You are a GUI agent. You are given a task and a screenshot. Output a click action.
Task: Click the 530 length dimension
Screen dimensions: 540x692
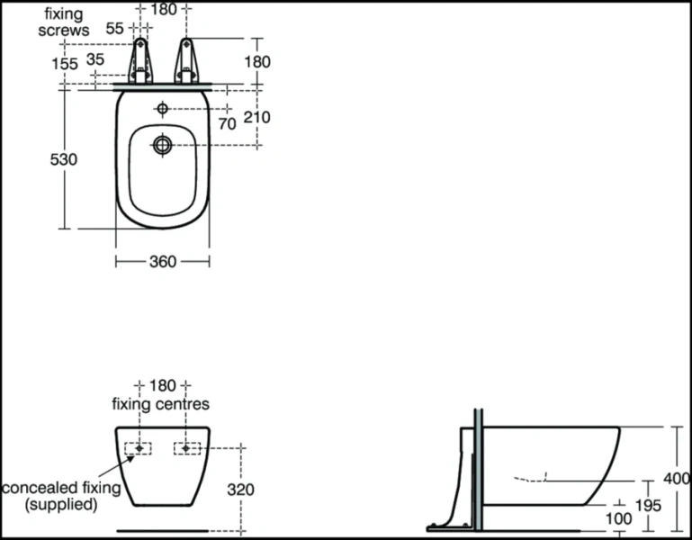pyautogui.click(x=63, y=159)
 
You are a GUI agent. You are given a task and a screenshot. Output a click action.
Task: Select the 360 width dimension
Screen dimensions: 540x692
pyautogui.click(x=162, y=261)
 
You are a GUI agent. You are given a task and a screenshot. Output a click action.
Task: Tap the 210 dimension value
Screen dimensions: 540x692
pyautogui.click(x=256, y=117)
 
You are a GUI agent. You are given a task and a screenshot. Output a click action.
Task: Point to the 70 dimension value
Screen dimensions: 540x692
pyautogui.click(x=227, y=124)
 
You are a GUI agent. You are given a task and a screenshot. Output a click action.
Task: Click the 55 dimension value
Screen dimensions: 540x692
pyautogui.click(x=114, y=29)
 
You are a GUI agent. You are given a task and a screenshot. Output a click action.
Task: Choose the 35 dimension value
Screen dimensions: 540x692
pyautogui.click(x=95, y=60)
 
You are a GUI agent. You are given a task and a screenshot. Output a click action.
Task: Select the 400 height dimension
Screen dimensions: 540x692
pyautogui.click(x=678, y=478)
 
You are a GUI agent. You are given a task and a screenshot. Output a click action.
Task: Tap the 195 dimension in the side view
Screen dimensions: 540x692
pyautogui.click(x=646, y=506)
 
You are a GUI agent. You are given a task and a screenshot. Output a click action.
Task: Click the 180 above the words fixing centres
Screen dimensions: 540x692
pyautogui.click(x=163, y=385)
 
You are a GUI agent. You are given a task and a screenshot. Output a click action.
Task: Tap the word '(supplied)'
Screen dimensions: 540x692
pyautogui.click(x=61, y=505)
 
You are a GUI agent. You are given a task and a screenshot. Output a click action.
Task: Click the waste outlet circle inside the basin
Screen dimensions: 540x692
pyautogui.click(x=162, y=144)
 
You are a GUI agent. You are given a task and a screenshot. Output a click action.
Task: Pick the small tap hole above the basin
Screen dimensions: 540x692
pyautogui.click(x=162, y=109)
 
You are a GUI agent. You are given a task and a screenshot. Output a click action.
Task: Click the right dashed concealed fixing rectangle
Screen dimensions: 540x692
pyautogui.click(x=186, y=447)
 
